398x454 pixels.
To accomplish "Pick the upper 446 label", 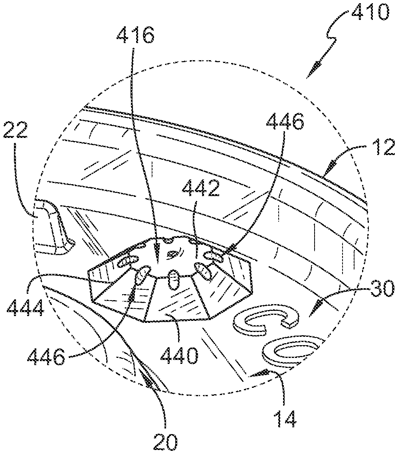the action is (285, 122).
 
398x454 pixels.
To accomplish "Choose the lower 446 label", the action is (47, 356).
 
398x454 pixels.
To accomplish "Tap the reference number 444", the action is (25, 308).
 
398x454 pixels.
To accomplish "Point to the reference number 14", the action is (285, 419).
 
